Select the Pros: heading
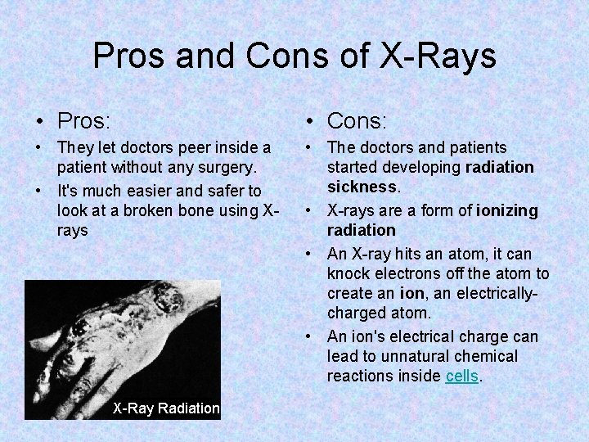click(x=83, y=121)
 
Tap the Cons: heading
click(x=357, y=121)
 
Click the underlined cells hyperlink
click(x=463, y=376)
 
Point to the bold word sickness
click(x=363, y=187)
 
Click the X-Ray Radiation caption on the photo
click(x=166, y=408)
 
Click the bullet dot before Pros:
click(x=40, y=122)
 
